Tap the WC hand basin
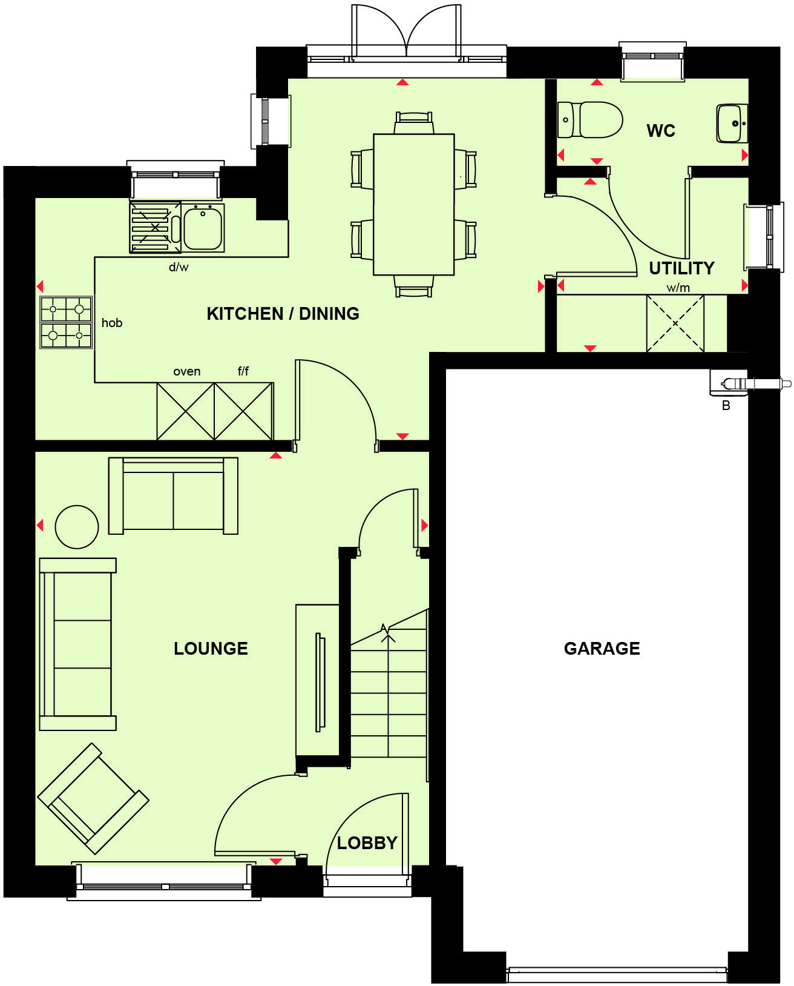pyautogui.click(x=732, y=124)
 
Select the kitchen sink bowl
pyautogui.click(x=203, y=228)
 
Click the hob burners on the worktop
pyautogui.click(x=66, y=322)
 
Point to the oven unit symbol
pyautogui.click(x=185, y=411)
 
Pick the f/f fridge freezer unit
pyautogui.click(x=244, y=411)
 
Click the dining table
pyautogui.click(x=414, y=204)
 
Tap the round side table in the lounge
pyautogui.click(x=77, y=526)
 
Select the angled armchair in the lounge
pyautogui.click(x=93, y=798)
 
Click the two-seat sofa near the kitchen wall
pyautogui.click(x=173, y=496)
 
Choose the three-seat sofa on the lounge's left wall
pyautogui.click(x=77, y=644)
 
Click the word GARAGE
pyautogui.click(x=602, y=649)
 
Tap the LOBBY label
pyautogui.click(x=367, y=843)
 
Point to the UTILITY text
pyautogui.click(x=681, y=268)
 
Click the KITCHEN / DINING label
pyautogui.click(x=283, y=314)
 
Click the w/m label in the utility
pyautogui.click(x=678, y=288)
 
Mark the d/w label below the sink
pyautogui.click(x=179, y=267)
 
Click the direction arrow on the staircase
pyautogui.click(x=386, y=631)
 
